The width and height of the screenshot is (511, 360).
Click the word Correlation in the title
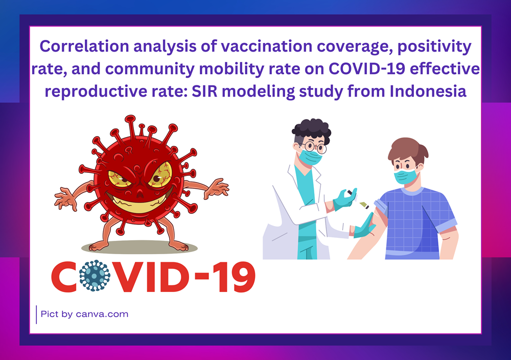pos(84,46)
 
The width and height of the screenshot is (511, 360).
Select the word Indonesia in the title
pos(428,91)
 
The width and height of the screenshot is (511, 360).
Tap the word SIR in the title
pos(204,91)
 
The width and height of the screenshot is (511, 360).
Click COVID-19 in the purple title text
pos(366,69)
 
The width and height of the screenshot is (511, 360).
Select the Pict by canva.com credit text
pos(84,314)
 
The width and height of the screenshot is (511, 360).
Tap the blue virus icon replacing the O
pos(95,276)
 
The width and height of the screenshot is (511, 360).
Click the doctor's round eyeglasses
pos(313,146)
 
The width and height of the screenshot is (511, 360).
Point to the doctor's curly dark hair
pos(311,130)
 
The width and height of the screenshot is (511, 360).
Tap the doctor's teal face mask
pos(310,157)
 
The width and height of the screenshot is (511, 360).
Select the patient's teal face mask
pos(406,176)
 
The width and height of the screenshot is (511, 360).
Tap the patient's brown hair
pos(407,150)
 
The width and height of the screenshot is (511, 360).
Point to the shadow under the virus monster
pos(140,247)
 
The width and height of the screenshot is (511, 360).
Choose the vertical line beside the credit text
pos(36,314)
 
